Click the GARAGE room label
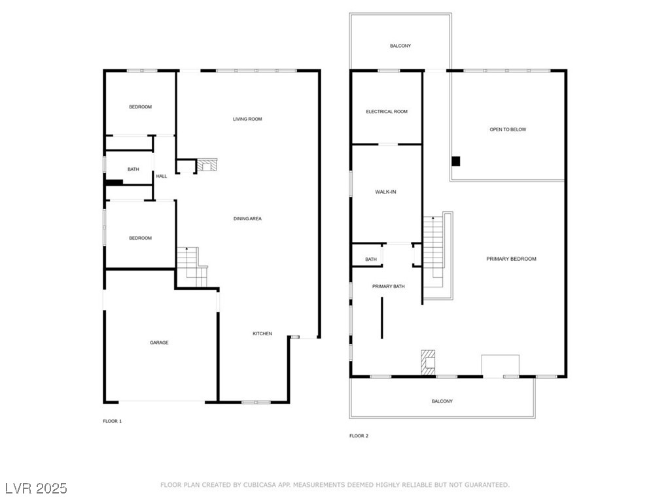tap(159, 343)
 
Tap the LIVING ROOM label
tap(247, 119)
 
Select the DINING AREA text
tap(247, 218)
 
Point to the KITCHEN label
tap(262, 333)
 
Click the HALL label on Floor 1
tap(162, 176)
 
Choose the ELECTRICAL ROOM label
tap(387, 111)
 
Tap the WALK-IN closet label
tap(385, 192)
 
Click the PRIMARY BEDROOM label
tap(511, 259)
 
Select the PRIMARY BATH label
tap(389, 286)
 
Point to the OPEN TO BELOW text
tap(508, 129)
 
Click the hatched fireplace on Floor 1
tap(207, 165)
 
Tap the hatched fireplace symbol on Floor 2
tap(428, 362)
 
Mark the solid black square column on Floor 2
tap(456, 161)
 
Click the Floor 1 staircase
tap(192, 267)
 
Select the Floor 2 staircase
tap(438, 256)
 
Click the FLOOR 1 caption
tap(113, 422)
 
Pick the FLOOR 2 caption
tap(359, 436)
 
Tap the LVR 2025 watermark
tap(37, 488)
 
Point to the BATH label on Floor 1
tap(133, 169)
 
